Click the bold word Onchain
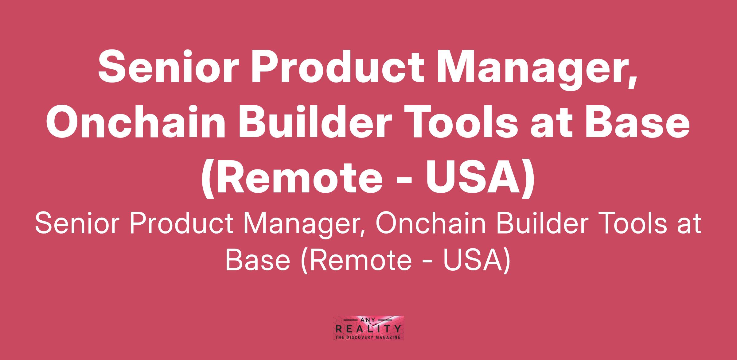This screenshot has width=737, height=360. click(134, 122)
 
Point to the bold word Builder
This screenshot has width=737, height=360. click(311, 122)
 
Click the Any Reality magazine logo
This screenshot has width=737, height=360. click(368, 328)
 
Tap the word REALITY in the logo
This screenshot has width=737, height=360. click(368, 330)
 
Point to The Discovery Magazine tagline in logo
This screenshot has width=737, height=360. click(368, 337)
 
